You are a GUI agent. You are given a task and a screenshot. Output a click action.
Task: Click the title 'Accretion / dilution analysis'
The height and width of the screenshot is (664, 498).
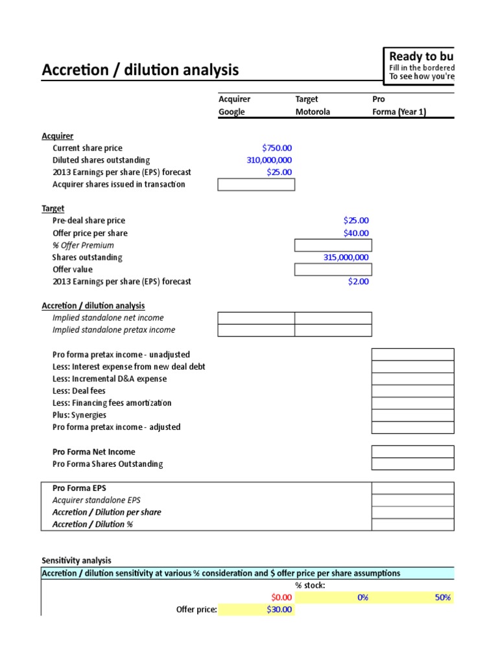point(140,69)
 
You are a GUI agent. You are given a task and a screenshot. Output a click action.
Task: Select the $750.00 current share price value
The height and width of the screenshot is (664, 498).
point(277,148)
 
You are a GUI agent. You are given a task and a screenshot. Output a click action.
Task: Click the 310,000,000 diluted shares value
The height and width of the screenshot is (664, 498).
point(269,160)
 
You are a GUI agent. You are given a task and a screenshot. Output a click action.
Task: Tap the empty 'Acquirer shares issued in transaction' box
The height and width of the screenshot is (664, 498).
point(256,185)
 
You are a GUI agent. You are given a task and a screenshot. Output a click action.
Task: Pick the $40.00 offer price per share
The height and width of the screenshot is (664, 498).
point(356,233)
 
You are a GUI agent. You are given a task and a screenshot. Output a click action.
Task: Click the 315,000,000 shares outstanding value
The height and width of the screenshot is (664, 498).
point(346,257)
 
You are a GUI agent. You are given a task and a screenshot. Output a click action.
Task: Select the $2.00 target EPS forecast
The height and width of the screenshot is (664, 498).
point(359,281)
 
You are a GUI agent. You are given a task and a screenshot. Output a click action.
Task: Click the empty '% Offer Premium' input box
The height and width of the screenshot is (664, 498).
point(333,245)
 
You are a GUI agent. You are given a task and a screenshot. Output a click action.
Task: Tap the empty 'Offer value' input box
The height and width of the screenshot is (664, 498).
point(333,269)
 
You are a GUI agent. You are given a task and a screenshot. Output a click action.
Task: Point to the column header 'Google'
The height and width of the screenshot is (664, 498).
point(231,112)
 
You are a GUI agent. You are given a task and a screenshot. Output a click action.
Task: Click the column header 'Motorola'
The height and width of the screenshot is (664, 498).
point(313,112)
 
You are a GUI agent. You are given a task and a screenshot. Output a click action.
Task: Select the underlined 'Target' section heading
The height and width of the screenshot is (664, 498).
point(53,209)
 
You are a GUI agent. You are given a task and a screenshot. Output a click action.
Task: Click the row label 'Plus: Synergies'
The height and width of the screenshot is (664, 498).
point(79,415)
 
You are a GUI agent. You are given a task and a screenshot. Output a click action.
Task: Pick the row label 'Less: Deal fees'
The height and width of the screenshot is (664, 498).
point(78,391)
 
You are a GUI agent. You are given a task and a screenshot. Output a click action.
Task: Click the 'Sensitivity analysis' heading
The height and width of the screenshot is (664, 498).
point(76,560)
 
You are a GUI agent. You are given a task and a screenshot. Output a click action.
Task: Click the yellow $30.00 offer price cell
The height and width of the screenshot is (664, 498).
point(279,610)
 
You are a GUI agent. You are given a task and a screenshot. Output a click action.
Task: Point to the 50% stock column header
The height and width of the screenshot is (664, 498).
point(443,597)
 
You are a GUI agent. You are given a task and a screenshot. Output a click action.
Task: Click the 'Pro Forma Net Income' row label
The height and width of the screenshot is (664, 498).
point(93,452)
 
